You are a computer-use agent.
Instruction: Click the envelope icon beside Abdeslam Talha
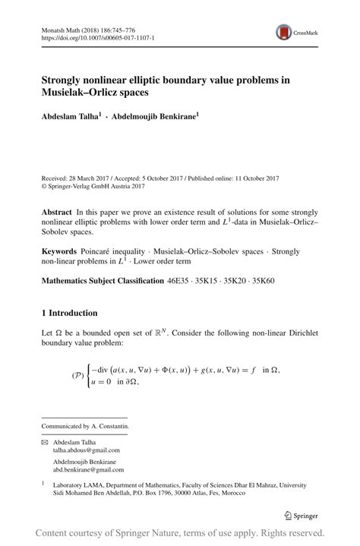pos(44,442)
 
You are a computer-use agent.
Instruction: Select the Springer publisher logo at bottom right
pos(301,516)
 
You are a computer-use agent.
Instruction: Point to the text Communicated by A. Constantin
pos(85,426)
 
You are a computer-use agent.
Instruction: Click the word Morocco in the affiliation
pos(232,493)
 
